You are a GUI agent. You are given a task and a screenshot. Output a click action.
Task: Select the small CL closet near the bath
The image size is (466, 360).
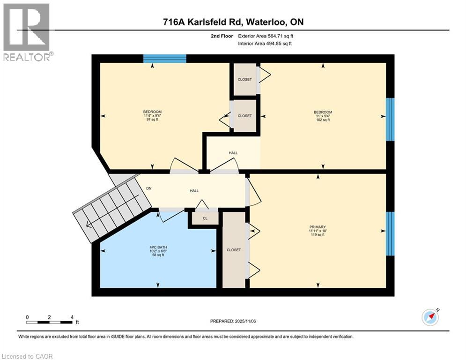(205, 218)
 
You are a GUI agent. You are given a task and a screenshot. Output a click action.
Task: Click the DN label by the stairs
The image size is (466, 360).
(149, 188)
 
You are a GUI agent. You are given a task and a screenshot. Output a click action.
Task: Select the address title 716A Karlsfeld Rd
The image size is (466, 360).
(233, 22)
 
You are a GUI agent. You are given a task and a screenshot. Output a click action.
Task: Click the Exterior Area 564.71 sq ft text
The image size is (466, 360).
(266, 36)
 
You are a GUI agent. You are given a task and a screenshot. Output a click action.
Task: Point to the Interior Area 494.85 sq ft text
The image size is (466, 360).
(265, 44)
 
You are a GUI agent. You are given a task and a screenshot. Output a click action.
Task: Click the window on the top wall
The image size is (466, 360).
(164, 59)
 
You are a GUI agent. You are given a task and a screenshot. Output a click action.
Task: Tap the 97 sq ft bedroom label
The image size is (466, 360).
(152, 115)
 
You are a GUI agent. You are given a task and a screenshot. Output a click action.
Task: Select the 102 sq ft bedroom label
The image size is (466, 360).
(323, 116)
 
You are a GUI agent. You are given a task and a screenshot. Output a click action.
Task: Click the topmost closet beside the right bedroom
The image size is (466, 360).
(244, 79)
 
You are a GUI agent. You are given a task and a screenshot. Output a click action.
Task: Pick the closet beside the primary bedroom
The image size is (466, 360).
(234, 250)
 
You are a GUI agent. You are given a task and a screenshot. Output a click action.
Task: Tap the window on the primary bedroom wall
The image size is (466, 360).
(390, 233)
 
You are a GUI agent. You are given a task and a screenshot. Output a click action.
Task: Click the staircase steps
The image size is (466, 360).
(110, 210)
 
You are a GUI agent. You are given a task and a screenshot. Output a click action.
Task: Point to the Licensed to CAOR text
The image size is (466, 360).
(28, 356)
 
